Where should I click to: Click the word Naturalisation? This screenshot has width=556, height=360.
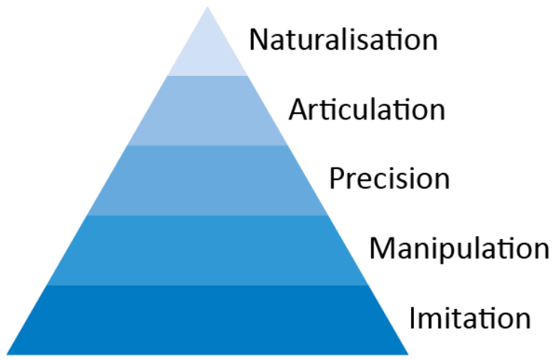coord(343,39)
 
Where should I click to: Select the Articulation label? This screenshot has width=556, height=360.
coord(367,110)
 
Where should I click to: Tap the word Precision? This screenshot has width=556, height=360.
coord(389,180)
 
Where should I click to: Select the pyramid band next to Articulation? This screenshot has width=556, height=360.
coord(207,110)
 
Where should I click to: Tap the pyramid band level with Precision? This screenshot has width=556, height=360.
coord(207,180)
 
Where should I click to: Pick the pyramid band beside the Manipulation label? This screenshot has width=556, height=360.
coord(207,250)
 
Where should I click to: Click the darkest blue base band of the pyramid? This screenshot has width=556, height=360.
coord(207,319)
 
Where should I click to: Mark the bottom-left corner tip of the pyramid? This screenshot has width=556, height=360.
coord(8,353)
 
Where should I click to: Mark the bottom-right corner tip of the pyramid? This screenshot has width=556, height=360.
coord(407,353)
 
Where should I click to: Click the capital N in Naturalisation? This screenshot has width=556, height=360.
coord(258,39)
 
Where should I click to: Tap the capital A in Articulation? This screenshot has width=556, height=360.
coord(299,110)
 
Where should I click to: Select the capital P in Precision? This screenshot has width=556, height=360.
coord(337,180)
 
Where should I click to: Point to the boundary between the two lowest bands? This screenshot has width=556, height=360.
coord(207,285)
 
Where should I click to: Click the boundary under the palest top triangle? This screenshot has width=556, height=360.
coord(207,76)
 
